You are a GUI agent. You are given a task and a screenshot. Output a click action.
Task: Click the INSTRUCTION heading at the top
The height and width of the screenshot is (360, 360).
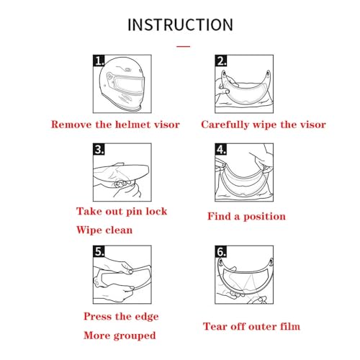click(180, 24)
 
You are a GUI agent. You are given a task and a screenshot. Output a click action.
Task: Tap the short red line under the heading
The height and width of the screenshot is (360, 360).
click(184, 46)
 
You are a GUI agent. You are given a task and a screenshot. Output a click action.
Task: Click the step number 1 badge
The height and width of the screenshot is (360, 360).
click(99, 60)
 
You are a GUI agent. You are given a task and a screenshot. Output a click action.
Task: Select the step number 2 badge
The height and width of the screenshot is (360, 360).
click(221, 60)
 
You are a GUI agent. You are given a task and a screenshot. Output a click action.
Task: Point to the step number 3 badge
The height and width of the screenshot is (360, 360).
click(99, 149)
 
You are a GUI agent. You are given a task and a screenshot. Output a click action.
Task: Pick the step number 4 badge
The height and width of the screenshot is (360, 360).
click(221, 149)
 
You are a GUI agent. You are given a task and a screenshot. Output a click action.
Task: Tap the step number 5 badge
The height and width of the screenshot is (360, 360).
click(99, 251)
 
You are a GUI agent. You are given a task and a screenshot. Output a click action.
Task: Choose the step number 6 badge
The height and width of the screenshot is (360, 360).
click(221, 251)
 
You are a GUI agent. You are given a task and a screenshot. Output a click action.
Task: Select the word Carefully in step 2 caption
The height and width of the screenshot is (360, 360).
click(225, 125)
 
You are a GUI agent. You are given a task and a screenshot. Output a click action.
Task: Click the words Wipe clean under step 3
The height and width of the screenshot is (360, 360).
click(104, 230)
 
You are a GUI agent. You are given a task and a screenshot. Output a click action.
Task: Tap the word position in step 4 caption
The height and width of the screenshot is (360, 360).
click(265, 217)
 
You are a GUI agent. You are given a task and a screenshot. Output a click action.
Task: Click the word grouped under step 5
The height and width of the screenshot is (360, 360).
click(135, 336)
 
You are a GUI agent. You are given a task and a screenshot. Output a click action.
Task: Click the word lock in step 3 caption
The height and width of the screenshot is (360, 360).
click(156, 211)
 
